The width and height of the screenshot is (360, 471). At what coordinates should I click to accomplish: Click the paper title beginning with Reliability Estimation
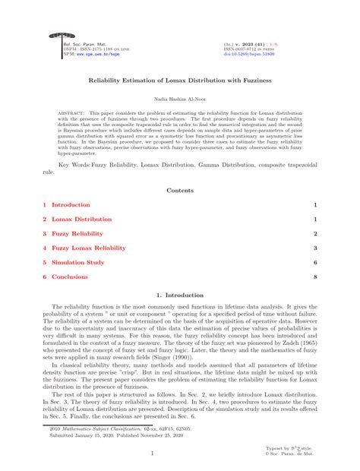coord(180,80)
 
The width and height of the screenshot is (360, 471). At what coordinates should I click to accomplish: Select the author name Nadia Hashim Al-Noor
coord(180,99)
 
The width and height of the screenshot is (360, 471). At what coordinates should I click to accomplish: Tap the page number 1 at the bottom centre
coord(180,454)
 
